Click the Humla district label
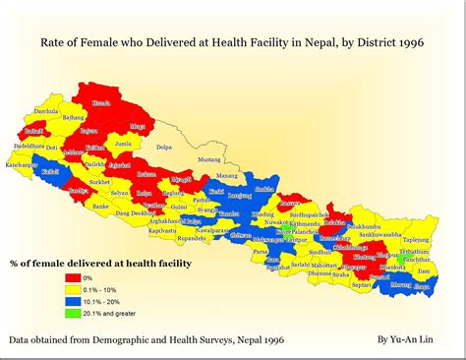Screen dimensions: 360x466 (100, 102)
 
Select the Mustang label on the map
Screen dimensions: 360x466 (210, 158)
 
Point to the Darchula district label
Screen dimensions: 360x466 (46, 111)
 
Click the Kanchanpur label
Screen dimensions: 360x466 (21, 163)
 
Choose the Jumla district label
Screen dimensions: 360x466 (123, 144)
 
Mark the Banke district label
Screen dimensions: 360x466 (101, 206)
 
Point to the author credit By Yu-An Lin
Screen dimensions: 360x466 (406, 338)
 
